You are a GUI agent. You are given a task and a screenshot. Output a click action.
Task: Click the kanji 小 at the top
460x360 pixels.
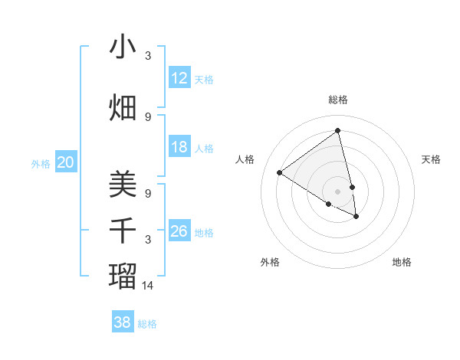coord(123,47)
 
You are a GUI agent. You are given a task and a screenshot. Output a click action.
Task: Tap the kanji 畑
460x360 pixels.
coord(123,108)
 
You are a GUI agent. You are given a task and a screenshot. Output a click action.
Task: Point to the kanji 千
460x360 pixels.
coord(123,231)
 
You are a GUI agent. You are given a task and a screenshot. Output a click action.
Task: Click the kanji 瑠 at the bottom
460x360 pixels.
coord(123,274)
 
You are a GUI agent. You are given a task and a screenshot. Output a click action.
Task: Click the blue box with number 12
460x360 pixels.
coord(179,78)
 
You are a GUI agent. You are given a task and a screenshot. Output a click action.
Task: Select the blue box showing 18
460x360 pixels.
coord(179,147)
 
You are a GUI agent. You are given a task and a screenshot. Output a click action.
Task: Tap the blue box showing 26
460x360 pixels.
coord(179,231)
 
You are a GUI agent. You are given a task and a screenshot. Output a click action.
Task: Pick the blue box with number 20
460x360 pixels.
coord(66,162)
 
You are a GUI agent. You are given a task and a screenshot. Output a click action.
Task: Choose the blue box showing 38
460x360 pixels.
coord(123,322)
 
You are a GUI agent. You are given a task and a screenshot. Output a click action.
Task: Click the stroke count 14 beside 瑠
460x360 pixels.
coord(148,285)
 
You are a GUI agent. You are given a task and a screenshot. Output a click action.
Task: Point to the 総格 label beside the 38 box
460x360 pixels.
coord(147,324)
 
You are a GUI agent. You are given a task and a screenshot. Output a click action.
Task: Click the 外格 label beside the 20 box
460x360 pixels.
coord(40,163)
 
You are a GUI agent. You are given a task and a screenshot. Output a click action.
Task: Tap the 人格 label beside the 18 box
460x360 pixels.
coord(204,149)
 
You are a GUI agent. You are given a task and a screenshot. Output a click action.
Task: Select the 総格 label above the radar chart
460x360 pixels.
coord(338,100)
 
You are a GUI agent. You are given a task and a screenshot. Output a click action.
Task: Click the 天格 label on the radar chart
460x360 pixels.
coord(432,159)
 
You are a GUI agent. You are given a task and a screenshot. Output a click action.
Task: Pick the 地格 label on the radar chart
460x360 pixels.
coord(402,263)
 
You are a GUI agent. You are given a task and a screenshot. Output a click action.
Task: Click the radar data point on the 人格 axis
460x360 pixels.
coord(280,173)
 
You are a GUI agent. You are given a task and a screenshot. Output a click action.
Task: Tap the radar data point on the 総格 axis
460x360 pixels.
coord(338,130)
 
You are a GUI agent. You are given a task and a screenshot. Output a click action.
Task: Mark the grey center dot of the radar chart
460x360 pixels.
coord(338,191)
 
